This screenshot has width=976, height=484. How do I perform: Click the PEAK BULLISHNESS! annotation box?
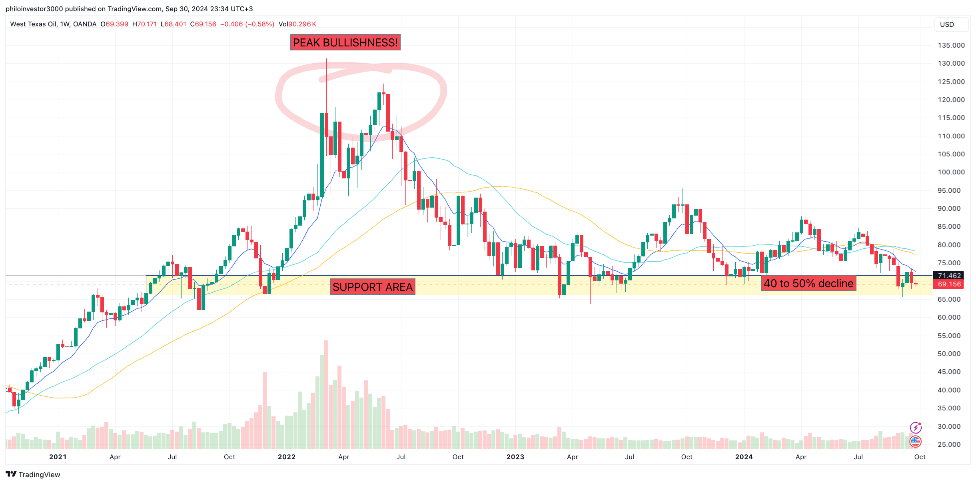pos(345,42)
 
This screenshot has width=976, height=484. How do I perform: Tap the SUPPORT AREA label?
pos(372,287)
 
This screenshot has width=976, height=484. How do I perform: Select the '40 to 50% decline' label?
pos(808,283)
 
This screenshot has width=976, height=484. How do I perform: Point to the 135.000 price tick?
pos(951,45)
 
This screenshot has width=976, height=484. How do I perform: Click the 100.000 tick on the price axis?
pos(951,172)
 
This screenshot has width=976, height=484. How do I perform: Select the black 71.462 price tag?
pos(949,276)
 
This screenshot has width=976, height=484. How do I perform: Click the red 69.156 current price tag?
pos(949,284)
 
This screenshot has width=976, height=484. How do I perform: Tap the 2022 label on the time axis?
pos(286,457)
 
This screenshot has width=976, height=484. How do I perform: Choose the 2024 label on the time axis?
pos(744,457)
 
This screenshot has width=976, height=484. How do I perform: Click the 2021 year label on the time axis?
pos(58,457)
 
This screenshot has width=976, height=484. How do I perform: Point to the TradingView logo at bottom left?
pos(33,474)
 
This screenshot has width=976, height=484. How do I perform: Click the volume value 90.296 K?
pos(302,24)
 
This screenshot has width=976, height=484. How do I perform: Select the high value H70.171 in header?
pos(144,24)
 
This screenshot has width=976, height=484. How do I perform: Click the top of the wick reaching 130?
pos(326,60)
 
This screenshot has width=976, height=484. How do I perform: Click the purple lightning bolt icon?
pos(915,428)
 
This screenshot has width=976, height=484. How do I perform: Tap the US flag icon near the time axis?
pos(915,441)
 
